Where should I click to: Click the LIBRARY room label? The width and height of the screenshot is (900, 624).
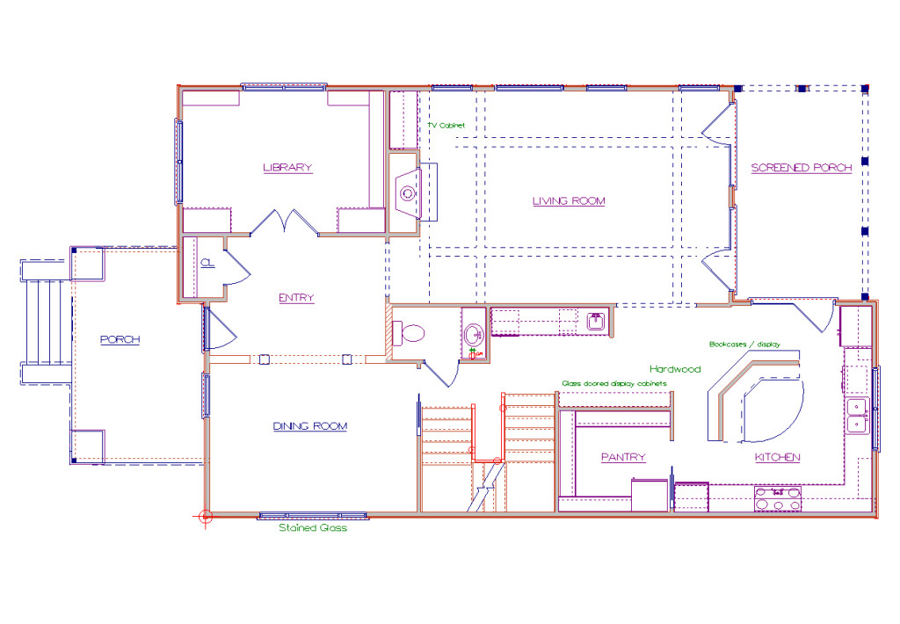click(287, 168)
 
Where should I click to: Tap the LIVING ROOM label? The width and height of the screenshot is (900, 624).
click(569, 201)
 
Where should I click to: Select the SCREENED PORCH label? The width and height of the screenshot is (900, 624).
click(802, 168)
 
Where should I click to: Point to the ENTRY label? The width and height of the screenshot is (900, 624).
click(296, 298)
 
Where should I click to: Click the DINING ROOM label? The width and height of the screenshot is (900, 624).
click(310, 426)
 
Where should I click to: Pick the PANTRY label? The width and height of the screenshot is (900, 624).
click(623, 457)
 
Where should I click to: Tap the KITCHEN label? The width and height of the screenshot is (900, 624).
click(777, 457)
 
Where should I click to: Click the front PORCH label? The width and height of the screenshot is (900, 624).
click(120, 339)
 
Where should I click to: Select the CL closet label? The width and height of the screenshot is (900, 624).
click(207, 263)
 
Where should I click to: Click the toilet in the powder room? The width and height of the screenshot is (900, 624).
click(409, 333)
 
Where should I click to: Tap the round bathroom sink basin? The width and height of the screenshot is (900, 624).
click(474, 333)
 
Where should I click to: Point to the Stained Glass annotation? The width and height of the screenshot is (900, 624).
click(313, 528)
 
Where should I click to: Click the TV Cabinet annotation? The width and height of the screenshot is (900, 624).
click(446, 125)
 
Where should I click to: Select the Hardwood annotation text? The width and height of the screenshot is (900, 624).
click(675, 369)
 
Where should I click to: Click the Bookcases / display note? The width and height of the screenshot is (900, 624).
click(744, 345)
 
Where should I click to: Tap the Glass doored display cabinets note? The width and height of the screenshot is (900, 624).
click(614, 383)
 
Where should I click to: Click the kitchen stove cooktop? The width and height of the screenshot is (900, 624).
click(778, 499)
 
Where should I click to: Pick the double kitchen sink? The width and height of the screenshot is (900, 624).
click(858, 416)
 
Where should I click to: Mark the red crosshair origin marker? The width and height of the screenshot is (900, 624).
click(206, 517)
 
